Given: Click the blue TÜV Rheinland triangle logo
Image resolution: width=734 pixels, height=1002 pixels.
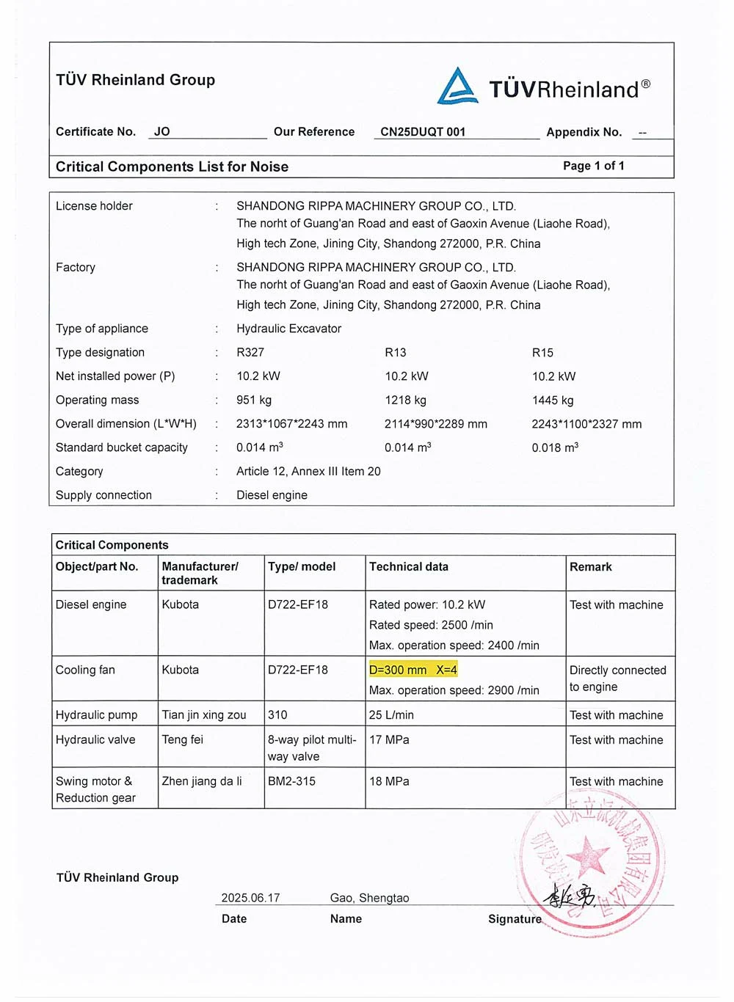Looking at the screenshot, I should (x=457, y=87).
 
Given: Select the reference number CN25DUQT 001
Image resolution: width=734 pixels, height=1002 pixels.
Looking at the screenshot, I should (x=423, y=132).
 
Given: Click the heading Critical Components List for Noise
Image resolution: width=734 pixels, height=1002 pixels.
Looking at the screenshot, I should (x=172, y=167).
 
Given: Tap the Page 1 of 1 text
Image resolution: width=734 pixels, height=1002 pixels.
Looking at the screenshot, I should (x=593, y=166).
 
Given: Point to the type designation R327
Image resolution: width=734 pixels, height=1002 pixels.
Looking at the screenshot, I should (x=250, y=353).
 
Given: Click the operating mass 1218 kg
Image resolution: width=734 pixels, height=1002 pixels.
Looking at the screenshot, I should (x=405, y=401).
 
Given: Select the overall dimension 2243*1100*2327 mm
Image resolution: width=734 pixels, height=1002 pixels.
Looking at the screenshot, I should (x=586, y=424).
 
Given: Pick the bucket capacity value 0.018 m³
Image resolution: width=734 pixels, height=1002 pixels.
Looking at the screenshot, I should (x=555, y=447).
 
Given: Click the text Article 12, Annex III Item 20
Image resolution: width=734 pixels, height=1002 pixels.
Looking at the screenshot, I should (x=308, y=472).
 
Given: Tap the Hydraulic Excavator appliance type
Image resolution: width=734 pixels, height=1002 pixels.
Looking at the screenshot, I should (x=288, y=329).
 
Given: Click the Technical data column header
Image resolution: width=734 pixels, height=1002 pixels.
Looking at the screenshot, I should (x=408, y=567).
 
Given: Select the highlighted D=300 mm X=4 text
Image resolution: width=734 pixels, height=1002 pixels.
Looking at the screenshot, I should (x=413, y=670).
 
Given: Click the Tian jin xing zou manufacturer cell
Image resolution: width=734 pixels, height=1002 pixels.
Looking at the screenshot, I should (x=204, y=715).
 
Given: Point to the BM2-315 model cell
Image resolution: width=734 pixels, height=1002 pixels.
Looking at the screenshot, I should (x=291, y=781).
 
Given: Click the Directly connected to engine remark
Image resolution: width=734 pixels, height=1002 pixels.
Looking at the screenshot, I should (x=617, y=679).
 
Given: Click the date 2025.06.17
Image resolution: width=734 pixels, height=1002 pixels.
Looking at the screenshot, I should (x=250, y=898).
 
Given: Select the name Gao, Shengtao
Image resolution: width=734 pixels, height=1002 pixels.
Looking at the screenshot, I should (x=369, y=898).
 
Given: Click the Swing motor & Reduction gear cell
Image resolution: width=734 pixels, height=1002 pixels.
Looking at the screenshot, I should (x=95, y=789).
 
